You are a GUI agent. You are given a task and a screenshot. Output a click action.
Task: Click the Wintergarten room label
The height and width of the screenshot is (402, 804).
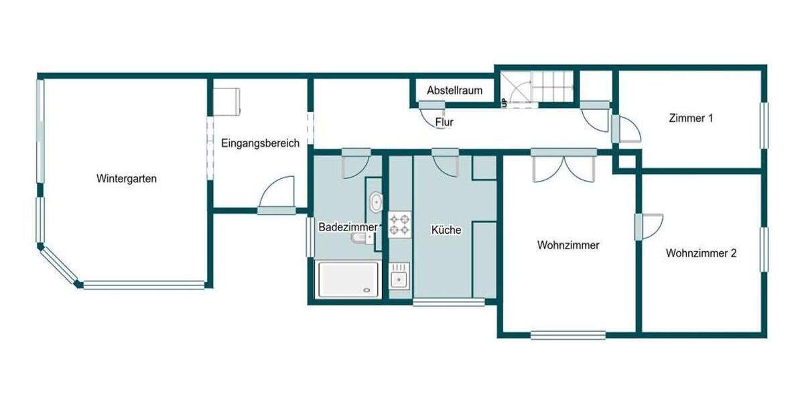pyautogui.click(x=127, y=179)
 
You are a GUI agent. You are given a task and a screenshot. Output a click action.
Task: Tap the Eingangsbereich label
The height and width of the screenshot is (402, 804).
pyautogui.click(x=260, y=143)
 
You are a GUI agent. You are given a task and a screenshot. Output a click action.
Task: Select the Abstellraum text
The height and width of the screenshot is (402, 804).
pyautogui.click(x=454, y=90)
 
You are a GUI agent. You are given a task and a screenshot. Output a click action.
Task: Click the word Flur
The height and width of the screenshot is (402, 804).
pyautogui.click(x=444, y=123)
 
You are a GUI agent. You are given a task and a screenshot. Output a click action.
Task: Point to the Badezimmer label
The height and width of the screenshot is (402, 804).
pyautogui.click(x=348, y=227)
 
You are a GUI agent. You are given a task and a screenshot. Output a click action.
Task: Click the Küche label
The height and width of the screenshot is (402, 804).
pyautogui.click(x=446, y=230)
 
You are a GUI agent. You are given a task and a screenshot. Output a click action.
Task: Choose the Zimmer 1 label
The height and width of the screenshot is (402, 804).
pyautogui.click(x=690, y=119)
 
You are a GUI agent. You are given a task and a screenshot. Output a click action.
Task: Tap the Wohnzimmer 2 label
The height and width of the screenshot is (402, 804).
pyautogui.click(x=701, y=253)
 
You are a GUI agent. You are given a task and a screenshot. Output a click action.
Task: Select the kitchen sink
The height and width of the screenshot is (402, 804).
pyautogui.click(x=400, y=276)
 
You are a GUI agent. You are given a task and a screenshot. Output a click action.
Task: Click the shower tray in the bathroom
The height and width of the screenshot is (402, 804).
pyautogui.click(x=348, y=279)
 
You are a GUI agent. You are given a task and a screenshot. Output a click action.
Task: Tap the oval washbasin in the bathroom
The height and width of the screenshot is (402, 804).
pyautogui.click(x=376, y=201)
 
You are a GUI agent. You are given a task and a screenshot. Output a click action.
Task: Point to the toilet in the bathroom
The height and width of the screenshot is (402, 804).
pyautogui.click(x=362, y=239)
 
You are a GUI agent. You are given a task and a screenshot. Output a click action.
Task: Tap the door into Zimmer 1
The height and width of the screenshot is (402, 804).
pyautogui.click(x=627, y=129)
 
